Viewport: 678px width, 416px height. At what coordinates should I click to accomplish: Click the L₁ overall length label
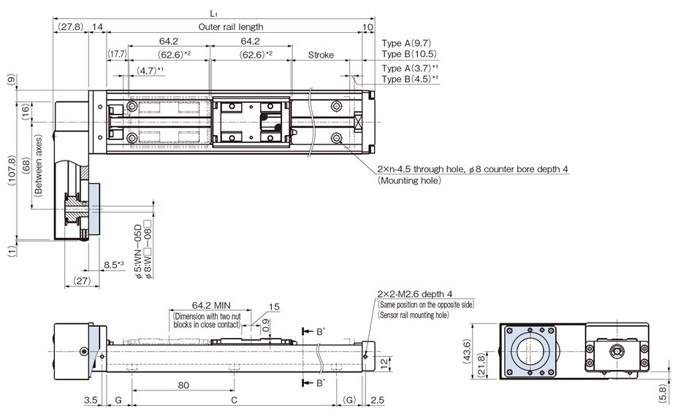(213, 13)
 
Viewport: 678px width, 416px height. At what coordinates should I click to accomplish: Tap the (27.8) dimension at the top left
(70, 27)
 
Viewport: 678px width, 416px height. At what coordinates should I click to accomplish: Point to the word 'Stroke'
(321, 55)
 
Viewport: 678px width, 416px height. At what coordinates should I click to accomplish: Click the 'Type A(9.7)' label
(409, 42)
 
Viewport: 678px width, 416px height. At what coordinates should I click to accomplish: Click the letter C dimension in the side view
(234, 401)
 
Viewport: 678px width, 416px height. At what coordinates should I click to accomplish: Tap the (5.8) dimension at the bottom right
(662, 393)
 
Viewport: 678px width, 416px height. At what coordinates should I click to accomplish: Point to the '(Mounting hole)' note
(409, 180)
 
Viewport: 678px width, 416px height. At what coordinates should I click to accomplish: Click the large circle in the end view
(531, 353)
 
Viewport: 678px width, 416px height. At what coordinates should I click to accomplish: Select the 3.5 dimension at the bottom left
(91, 401)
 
